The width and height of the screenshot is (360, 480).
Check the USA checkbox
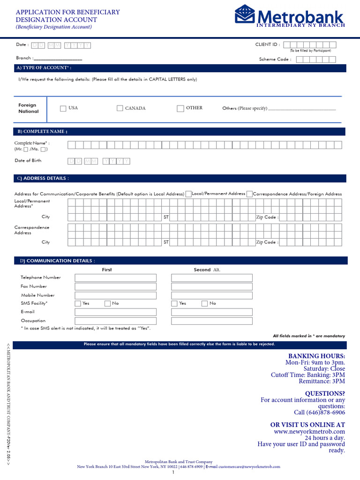point(63,109)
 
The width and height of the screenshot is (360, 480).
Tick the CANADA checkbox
point(120,108)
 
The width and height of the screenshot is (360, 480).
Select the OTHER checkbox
point(180,109)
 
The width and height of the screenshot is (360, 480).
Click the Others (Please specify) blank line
point(302,109)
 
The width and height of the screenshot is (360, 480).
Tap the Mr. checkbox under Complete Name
point(26,150)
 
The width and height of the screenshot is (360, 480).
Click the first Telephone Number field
point(115,278)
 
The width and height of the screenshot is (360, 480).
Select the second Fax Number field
point(211,286)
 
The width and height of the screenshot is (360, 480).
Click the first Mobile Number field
point(115,295)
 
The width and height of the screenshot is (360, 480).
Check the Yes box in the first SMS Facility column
point(78,304)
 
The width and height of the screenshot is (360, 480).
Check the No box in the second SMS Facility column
point(204,304)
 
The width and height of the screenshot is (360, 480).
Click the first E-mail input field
point(115,312)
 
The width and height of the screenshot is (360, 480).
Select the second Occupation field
point(211,321)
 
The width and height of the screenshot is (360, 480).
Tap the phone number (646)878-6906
point(319,413)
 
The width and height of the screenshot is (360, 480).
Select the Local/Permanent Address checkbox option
point(188,194)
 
